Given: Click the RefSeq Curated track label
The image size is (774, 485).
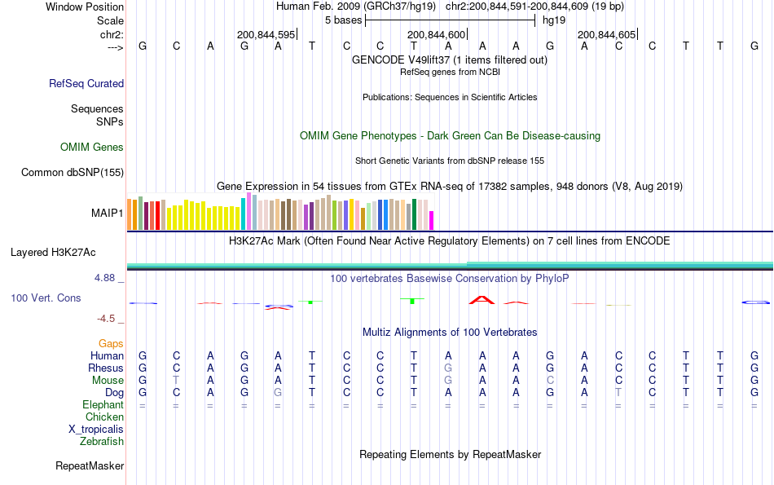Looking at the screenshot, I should click(86, 83).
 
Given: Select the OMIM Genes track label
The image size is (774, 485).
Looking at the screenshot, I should click(92, 148).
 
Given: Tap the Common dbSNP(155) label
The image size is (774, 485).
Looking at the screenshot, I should click(73, 172).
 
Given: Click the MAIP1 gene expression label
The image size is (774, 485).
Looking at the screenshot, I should click(108, 214).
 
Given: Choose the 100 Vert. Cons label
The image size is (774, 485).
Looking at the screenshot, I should click(46, 298).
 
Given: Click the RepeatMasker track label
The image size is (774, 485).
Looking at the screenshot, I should click(90, 466).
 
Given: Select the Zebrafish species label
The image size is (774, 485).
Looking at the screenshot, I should click(102, 442).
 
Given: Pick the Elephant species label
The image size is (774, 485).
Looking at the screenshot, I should click(103, 405).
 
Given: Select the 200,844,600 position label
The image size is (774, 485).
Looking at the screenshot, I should click(436, 34).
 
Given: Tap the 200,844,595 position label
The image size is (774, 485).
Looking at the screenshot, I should click(266, 34).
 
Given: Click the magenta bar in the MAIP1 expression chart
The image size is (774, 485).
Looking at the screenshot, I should click(432, 220).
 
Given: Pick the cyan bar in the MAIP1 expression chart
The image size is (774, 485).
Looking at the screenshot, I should click(244, 214).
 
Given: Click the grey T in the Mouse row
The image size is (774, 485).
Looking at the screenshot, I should click(176, 381).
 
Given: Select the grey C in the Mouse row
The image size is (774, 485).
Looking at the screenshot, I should click(550, 381).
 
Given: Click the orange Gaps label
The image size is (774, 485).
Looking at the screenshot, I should click(111, 344).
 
